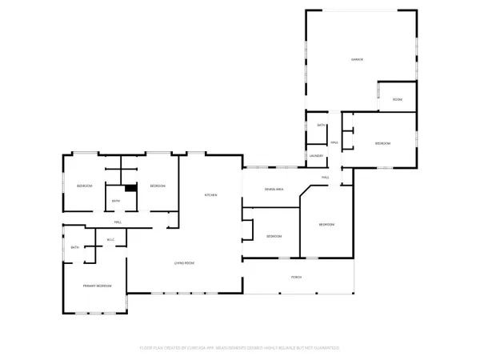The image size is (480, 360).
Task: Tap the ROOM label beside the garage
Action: click(397, 99)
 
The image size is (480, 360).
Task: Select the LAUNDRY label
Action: click(317, 156)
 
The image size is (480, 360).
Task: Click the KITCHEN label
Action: click(211, 196)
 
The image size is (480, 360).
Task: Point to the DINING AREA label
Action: click(274, 190)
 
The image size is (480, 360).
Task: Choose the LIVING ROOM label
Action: click(186, 263)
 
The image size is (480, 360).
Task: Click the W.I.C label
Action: click(111, 240)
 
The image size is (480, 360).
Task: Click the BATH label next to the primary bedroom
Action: click(74, 247)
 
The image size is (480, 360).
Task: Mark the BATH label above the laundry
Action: click(321, 126)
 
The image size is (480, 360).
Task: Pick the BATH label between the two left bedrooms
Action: click(116, 201)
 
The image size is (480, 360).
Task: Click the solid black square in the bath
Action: click(130, 188)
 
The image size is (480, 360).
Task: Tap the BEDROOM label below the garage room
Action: click(382, 143)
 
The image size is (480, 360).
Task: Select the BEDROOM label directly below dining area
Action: click(274, 236)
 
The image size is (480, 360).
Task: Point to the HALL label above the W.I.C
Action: click(118, 222)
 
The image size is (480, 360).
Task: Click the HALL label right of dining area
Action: click(326, 178)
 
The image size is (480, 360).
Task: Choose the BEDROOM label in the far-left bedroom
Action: click(85, 186)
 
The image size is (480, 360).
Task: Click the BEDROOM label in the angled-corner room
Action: click(326, 225)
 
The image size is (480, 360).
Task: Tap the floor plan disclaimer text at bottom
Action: click(240, 348)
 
